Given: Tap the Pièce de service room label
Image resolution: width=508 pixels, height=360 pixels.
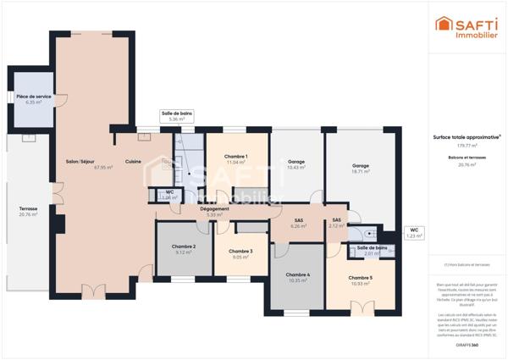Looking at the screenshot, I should pyautogui.click(x=34, y=97).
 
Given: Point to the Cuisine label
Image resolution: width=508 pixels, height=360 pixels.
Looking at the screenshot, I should pyautogui.click(x=133, y=162).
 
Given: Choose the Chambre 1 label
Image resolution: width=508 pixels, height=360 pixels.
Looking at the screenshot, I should pyautogui.click(x=235, y=157).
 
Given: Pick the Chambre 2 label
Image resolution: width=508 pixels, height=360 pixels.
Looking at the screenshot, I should pyautogui.click(x=184, y=246).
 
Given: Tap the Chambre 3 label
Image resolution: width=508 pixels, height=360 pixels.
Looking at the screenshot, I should pyautogui.click(x=240, y=251).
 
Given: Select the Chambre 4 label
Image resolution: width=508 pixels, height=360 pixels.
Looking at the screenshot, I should pyautogui.click(x=297, y=274).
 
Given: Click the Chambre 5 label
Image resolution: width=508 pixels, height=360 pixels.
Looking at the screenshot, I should pyautogui.click(x=360, y=278).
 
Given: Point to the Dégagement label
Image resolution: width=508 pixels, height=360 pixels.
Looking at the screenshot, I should pyautogui.click(x=215, y=208).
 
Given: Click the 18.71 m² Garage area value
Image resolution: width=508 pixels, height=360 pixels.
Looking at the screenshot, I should pyautogui.click(x=361, y=171).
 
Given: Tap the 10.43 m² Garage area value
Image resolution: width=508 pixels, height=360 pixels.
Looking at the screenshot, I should pyautogui.click(x=295, y=168).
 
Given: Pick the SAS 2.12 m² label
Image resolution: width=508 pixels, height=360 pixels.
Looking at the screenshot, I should pyautogui.click(x=335, y=223).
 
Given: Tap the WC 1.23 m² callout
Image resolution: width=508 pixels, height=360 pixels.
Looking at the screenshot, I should pyautogui.click(x=414, y=232).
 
